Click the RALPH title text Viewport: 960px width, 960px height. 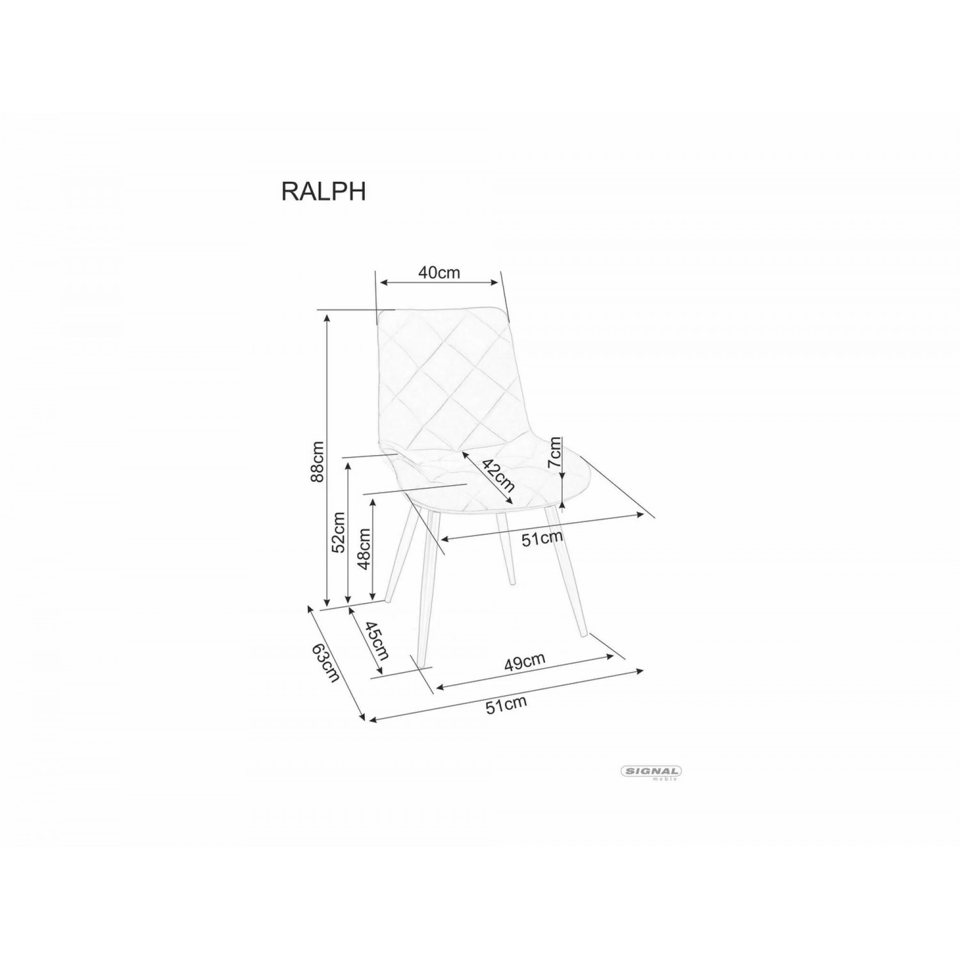coord(324,190)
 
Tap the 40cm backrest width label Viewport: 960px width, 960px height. coord(439,272)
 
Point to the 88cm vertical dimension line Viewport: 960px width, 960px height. coord(327,460)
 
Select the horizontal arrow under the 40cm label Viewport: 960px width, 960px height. coord(439,282)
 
